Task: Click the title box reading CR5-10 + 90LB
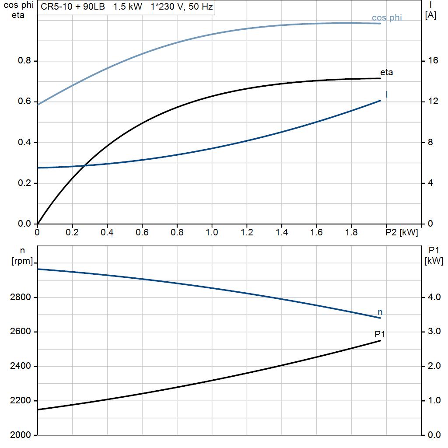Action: pyautogui.click(x=126, y=7)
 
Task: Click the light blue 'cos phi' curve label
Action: pyautogui.click(x=387, y=17)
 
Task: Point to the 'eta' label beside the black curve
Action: pyautogui.click(x=386, y=72)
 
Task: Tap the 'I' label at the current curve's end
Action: pyautogui.click(x=387, y=94)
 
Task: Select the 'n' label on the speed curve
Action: pyautogui.click(x=380, y=312)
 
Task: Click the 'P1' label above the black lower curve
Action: pyautogui.click(x=380, y=334)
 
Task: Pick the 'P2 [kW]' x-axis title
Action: pyautogui.click(x=402, y=232)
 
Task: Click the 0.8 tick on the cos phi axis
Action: pyautogui.click(x=24, y=60)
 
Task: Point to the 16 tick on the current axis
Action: pyautogui.click(x=433, y=60)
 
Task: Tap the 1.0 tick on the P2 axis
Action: pyautogui.click(x=212, y=232)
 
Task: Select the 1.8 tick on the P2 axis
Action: pyautogui.click(x=351, y=232)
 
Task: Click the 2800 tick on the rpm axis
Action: pyautogui.click(x=20, y=297)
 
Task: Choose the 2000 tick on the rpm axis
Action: pyautogui.click(x=20, y=435)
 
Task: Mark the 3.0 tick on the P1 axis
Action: pyautogui.click(x=434, y=332)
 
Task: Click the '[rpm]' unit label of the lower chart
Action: pyautogui.click(x=22, y=261)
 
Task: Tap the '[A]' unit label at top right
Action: pyautogui.click(x=430, y=15)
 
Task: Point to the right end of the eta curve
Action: pyautogui.click(x=381, y=78)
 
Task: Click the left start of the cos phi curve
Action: pyautogui.click(x=38, y=105)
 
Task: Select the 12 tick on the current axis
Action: pyautogui.click(x=433, y=101)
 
